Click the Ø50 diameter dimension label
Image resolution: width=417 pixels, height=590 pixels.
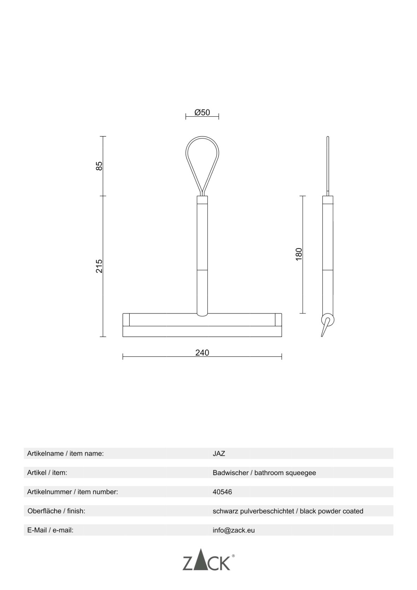tap(202, 112)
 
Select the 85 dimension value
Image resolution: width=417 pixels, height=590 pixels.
tap(99, 166)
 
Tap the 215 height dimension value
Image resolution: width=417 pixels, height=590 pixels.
tap(99, 266)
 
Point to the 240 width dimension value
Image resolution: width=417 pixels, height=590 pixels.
tap(202, 353)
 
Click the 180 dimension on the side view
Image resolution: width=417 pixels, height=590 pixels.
tap(299, 254)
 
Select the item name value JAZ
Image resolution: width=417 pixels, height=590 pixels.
tap(219, 454)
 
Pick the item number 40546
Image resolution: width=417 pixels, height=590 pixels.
tap(222, 492)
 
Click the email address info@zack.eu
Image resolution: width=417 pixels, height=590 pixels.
tap(234, 530)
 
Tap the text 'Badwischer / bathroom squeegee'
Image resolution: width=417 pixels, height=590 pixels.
tap(264, 473)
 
